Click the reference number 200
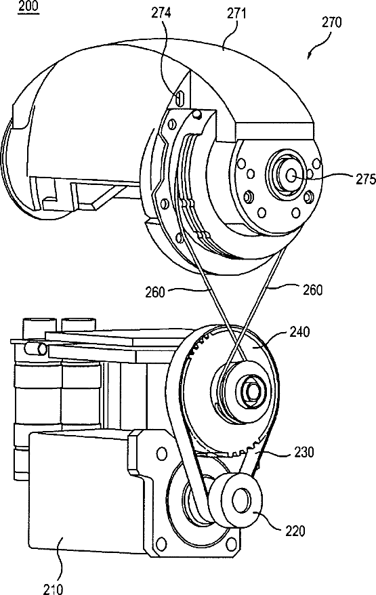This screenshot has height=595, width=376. [x=28, y=7]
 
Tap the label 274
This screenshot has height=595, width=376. [x=161, y=14]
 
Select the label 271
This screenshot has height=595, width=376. [x=236, y=14]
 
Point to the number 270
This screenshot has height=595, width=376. [x=331, y=23]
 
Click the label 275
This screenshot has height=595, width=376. [x=365, y=179]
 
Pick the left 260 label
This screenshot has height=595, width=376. [x=154, y=292]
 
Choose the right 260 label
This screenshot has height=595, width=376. [x=313, y=290]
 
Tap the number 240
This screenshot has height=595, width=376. [x=299, y=332]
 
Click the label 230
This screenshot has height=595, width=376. [x=304, y=452]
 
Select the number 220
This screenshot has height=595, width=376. [x=295, y=531]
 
